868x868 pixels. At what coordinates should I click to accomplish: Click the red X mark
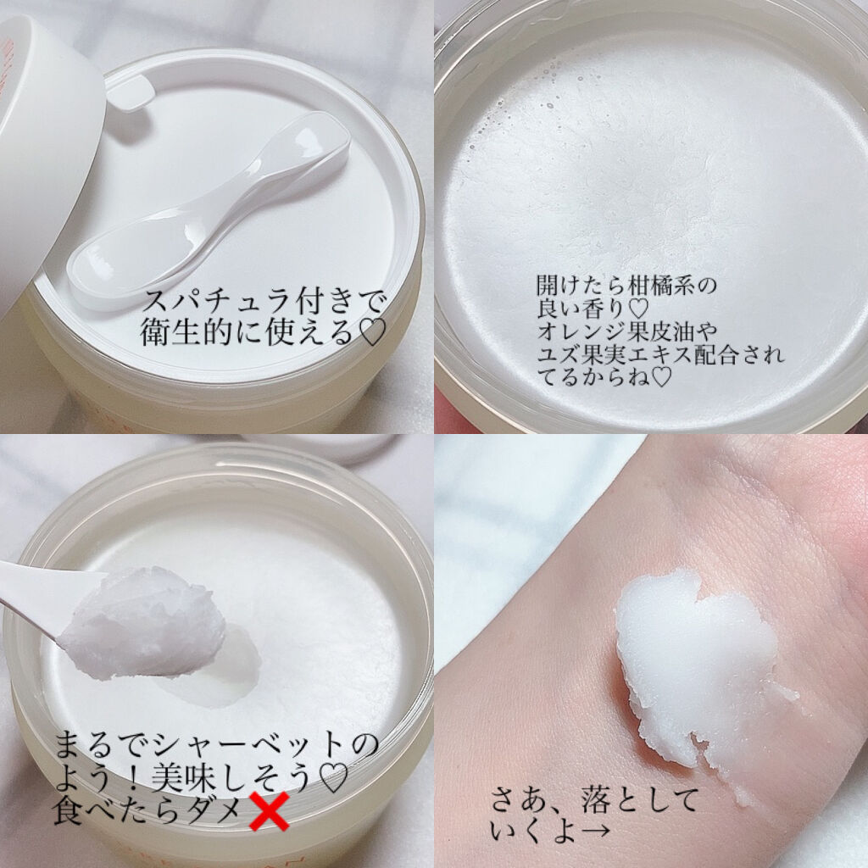coord(269,811)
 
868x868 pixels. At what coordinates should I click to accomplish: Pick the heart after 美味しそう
coord(334,777)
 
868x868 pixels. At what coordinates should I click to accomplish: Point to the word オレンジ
coord(582,331)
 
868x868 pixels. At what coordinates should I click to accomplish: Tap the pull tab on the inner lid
coord(129,95)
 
